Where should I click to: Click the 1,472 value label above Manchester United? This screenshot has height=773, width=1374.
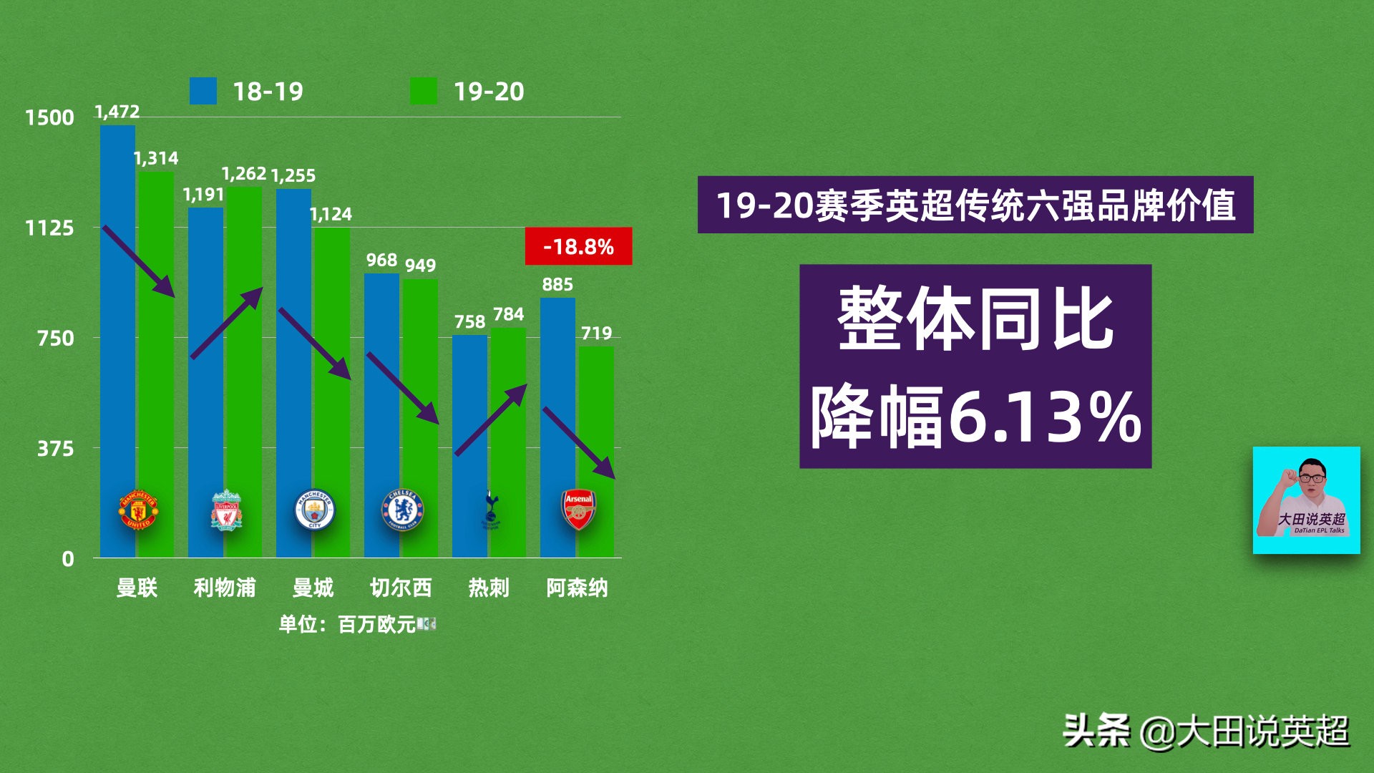tap(117, 112)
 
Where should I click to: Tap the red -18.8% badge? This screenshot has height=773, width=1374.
tap(578, 246)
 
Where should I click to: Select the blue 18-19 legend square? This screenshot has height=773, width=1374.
tap(203, 92)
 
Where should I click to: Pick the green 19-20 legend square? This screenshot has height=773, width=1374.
tap(423, 92)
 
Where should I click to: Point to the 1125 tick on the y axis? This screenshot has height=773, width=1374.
tap(49, 228)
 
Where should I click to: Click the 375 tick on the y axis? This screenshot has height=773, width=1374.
tap(55, 449)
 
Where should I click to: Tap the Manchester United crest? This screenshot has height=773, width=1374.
tap(138, 510)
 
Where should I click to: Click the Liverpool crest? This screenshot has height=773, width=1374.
tap(226, 510)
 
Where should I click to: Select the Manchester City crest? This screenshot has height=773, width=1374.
tap(314, 510)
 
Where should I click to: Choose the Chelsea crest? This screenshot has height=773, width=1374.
tap(402, 510)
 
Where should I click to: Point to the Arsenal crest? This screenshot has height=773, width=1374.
tap(578, 510)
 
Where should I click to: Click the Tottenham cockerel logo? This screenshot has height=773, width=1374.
tap(491, 510)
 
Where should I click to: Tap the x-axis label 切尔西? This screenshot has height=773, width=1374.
tap(401, 588)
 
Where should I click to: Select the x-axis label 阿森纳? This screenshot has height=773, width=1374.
tap(577, 588)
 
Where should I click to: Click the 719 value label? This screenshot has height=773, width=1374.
tap(596, 334)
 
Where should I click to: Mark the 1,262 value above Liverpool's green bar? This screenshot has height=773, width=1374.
tap(243, 174)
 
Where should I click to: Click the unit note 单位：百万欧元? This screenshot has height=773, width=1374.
tap(348, 625)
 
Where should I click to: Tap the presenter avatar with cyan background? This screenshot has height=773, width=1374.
tap(1306, 500)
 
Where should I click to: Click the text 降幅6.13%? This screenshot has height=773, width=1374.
tap(975, 417)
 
